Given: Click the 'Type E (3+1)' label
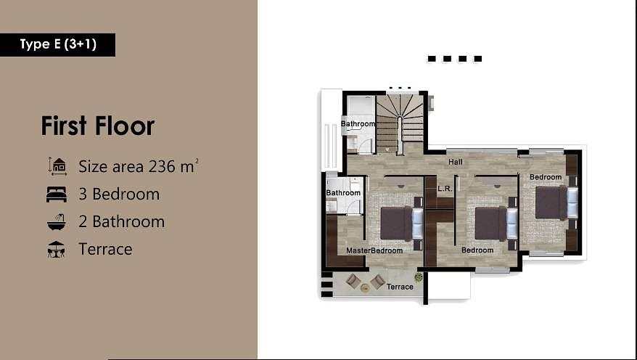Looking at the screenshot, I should (58, 44).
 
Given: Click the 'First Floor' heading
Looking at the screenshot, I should (98, 126).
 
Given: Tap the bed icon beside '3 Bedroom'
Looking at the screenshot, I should (56, 195).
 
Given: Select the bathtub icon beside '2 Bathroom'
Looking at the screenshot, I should (56, 221).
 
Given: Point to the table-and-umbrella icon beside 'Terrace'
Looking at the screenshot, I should (56, 250).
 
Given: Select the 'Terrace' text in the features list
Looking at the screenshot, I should (105, 250).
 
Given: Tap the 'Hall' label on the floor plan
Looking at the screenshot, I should (455, 162).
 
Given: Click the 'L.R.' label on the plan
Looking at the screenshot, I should (445, 188).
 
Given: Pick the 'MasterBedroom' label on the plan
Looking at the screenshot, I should (374, 250).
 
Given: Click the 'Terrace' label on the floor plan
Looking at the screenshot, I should (400, 287).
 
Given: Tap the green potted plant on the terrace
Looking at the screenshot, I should (419, 277).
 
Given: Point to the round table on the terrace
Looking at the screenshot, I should (365, 287).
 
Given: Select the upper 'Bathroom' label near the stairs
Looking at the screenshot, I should (358, 124).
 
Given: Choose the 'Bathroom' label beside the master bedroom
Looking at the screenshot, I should (343, 193).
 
